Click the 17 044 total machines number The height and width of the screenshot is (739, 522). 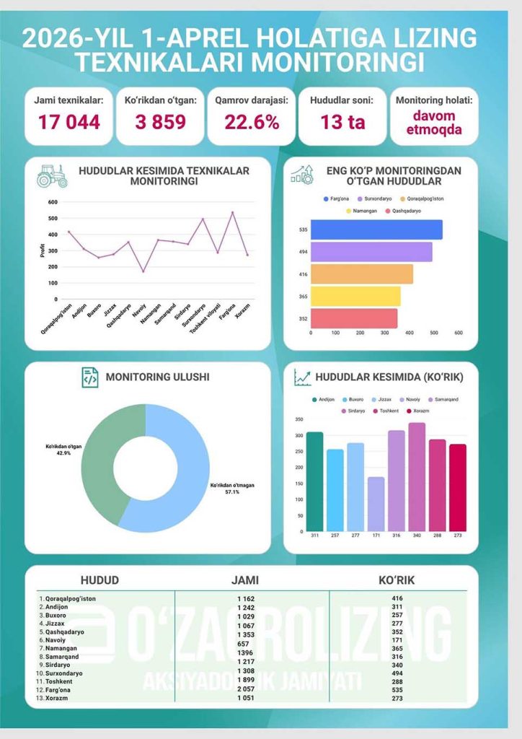(69, 122)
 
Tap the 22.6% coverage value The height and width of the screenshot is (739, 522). (252, 122)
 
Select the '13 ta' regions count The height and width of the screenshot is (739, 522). (342, 122)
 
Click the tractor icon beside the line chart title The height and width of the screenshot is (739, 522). (52, 175)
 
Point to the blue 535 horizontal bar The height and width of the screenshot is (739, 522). (376, 229)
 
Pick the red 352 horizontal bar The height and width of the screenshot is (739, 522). (353, 318)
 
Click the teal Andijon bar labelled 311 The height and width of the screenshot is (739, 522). (314, 481)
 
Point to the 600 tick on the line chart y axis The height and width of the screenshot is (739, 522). (53, 202)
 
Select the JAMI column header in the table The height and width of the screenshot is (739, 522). (244, 580)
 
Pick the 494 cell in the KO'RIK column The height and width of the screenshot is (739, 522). (397, 673)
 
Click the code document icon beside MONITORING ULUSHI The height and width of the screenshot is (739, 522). (89, 377)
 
